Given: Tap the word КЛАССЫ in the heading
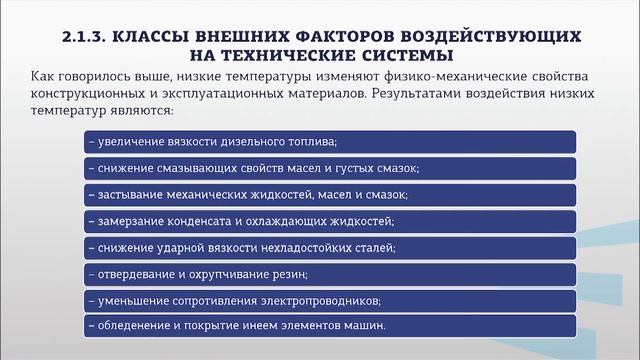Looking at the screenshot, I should point(159,36).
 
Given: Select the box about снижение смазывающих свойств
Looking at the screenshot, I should point(329,167).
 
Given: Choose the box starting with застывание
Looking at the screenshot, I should point(329,194).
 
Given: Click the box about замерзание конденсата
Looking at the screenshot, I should point(329,220).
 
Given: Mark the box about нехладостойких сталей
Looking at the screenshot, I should point(329,246).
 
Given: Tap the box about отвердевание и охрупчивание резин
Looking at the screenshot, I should point(329,273).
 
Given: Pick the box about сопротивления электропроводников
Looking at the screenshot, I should point(329,299).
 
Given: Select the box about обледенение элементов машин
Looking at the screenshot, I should point(329,325).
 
